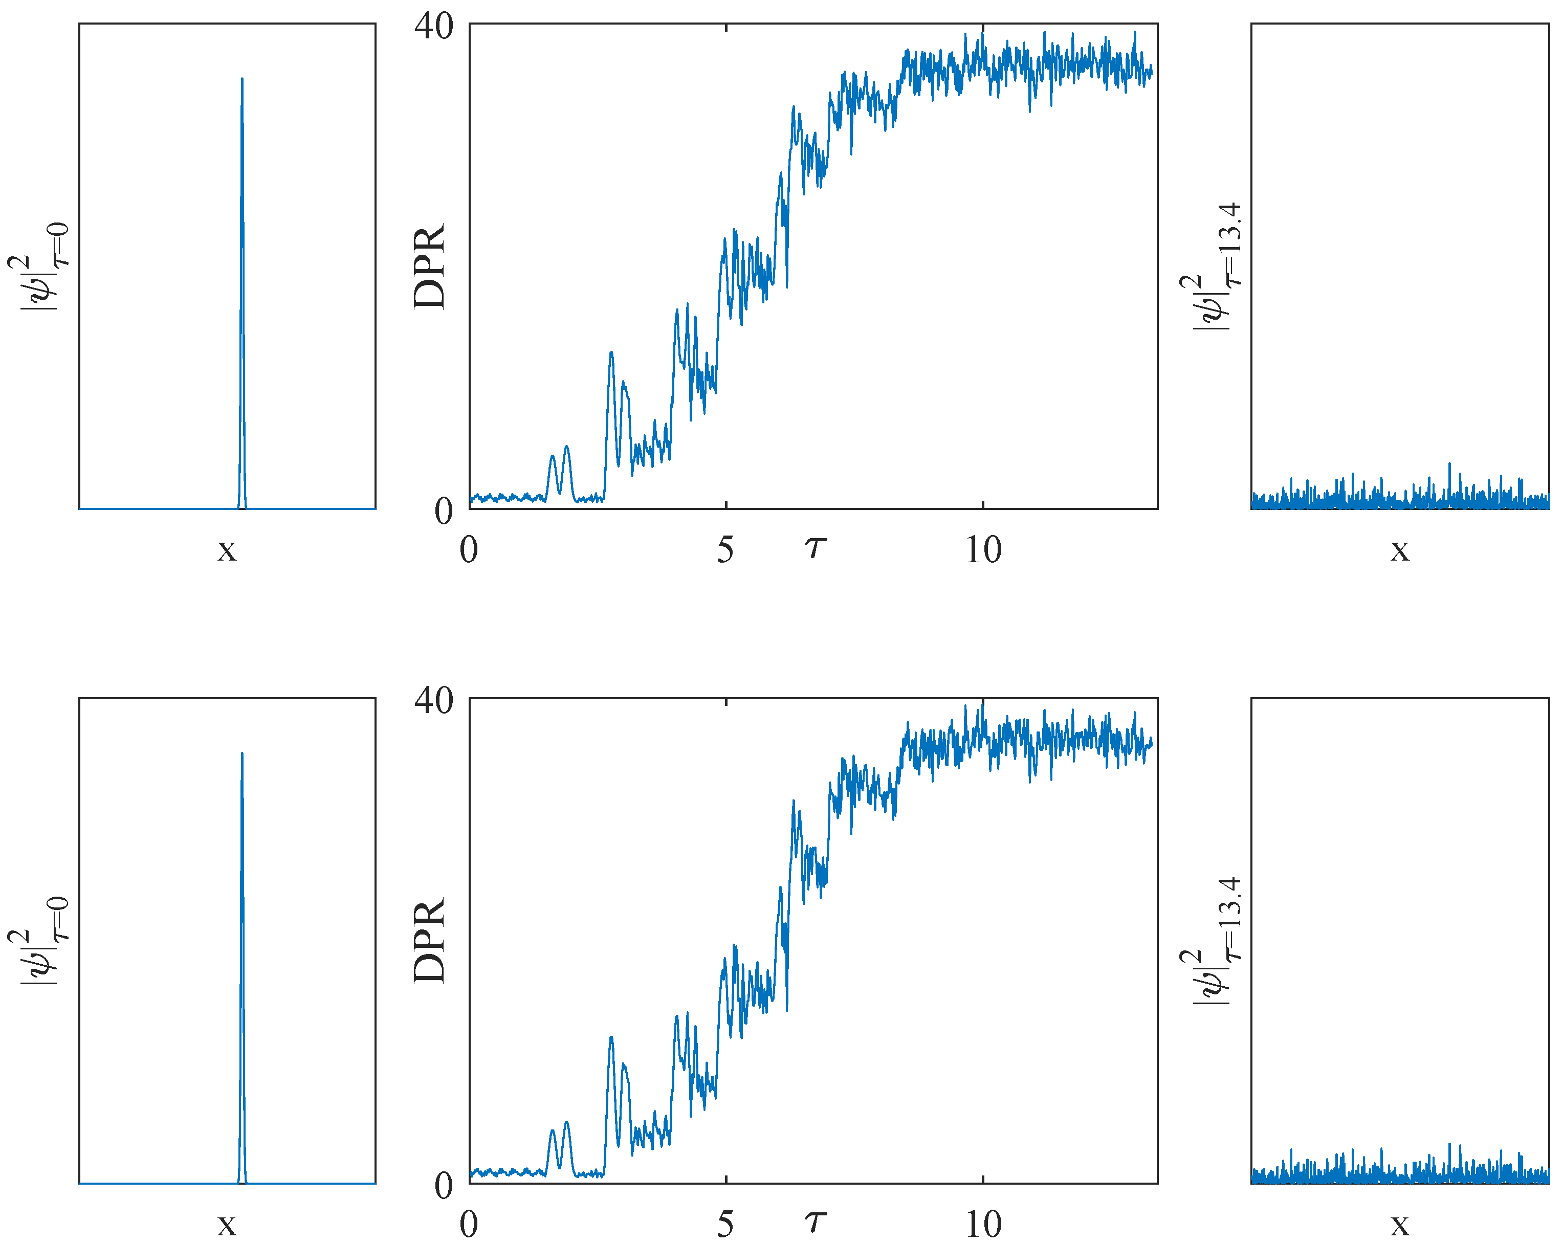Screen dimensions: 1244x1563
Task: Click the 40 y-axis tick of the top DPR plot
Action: tap(433, 26)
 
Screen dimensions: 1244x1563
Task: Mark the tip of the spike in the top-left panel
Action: tap(242, 78)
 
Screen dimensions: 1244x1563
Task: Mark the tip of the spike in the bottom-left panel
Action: tap(242, 753)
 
